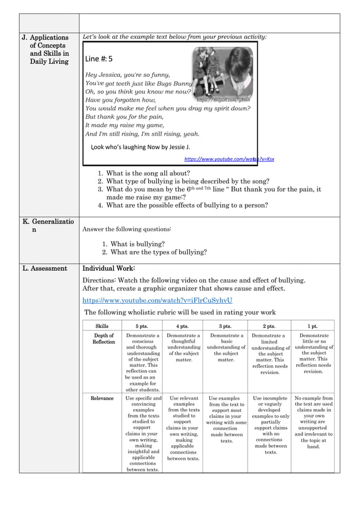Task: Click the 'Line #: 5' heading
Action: tap(99, 59)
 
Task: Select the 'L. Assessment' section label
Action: tap(45, 269)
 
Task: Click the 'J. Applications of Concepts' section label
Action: tap(45, 49)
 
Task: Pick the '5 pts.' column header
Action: tap(142, 326)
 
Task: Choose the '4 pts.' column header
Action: tap(182, 326)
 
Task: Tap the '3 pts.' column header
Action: tap(225, 326)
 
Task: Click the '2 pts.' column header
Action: tap(269, 326)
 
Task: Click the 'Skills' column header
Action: tap(102, 326)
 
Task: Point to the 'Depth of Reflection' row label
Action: tap(103, 339)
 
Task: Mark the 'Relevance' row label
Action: tap(102, 398)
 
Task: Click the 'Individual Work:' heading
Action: tap(109, 269)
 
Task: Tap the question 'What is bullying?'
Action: tap(138, 244)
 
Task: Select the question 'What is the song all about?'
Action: tap(148, 173)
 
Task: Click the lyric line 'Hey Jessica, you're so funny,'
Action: tap(127, 74)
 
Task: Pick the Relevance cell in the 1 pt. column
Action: tap(313, 422)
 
